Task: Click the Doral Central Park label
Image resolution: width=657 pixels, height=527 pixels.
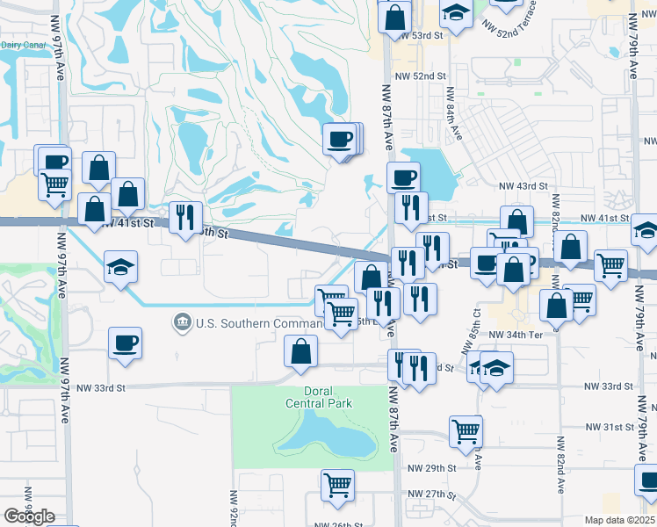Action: click(x=318, y=397)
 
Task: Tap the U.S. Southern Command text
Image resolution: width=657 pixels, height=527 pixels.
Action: click(x=245, y=323)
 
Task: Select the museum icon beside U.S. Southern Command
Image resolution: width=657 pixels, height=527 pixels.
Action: click(x=183, y=323)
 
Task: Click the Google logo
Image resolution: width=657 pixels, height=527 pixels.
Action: click(x=30, y=516)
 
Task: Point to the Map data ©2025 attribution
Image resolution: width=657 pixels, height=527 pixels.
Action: click(x=620, y=520)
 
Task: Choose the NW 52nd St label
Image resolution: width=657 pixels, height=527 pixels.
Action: click(x=419, y=76)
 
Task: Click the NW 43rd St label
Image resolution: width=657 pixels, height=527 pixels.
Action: click(x=523, y=186)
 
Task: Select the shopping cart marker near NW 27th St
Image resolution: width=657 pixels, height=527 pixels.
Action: click(x=337, y=484)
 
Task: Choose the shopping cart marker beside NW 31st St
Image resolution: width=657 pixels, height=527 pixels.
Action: click(x=465, y=430)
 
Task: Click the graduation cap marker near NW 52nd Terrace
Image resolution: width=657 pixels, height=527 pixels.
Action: click(x=455, y=11)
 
